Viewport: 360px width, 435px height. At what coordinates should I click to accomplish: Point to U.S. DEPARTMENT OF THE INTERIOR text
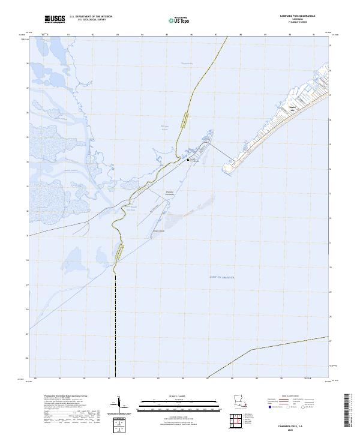pos(91,17)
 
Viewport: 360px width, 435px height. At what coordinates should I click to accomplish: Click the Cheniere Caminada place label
pos(169,193)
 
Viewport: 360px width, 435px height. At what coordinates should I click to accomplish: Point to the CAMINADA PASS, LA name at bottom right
pos(292,425)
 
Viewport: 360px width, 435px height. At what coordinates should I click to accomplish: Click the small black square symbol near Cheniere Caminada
pos(188,160)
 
